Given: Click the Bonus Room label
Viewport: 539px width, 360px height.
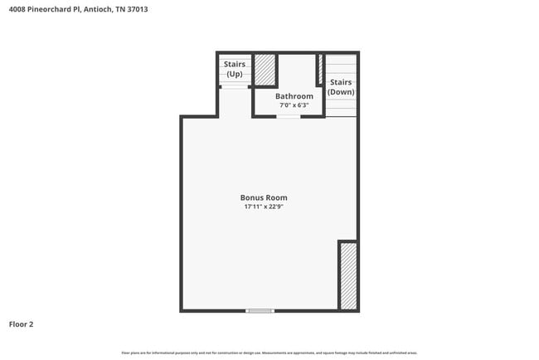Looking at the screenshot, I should click(264, 197).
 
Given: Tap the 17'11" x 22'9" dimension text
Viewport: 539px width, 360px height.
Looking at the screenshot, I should click(264, 207).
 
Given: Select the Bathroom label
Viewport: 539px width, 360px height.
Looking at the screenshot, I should click(294, 96).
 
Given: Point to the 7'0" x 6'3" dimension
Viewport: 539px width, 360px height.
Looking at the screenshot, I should click(294, 105).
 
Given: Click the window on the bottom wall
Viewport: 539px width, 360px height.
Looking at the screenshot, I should click(260, 311).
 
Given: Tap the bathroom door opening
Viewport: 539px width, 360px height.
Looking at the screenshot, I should click(288, 116).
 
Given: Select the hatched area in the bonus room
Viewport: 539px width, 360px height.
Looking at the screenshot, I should click(348, 275).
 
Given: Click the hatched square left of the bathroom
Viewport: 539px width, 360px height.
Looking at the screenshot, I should click(265, 70).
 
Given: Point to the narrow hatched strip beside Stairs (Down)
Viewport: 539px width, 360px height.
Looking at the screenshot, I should click(320, 70).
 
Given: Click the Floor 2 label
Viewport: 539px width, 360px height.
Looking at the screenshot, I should click(21, 324).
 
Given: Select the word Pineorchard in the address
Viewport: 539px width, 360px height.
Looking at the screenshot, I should click(56, 9).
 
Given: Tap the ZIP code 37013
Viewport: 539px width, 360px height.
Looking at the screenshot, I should click(148, 9).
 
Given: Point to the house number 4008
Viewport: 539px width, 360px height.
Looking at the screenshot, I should click(17, 9).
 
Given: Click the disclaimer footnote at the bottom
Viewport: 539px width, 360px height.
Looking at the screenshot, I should click(269, 353).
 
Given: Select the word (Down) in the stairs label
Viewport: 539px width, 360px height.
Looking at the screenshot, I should click(341, 92).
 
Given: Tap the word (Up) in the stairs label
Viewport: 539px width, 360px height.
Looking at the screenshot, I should click(235, 74).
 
